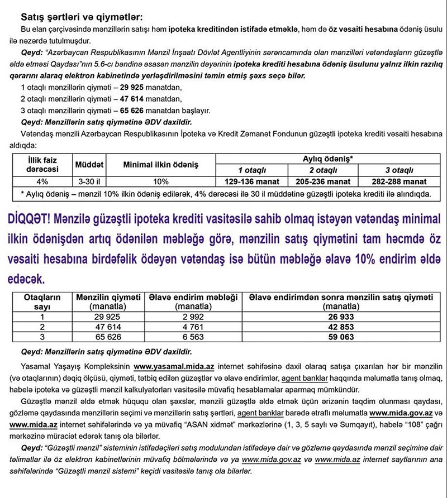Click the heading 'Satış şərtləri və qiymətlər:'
coord(80,16)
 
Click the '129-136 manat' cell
coord(251,181)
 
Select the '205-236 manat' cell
coord(322,181)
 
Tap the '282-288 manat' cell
coord(399,181)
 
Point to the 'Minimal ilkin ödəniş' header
coord(161,165)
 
